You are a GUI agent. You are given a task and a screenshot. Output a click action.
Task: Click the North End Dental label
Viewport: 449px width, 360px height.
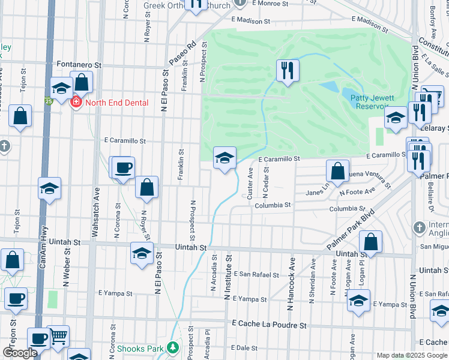pyautogui.click(x=116, y=103)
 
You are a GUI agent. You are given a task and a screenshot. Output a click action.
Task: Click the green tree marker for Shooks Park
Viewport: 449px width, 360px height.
pyautogui.click(x=173, y=347)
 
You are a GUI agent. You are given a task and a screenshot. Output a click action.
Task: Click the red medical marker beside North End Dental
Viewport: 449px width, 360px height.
pyautogui.click(x=76, y=103)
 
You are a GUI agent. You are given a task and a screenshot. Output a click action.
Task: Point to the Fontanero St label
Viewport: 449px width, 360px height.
pyautogui.click(x=80, y=63)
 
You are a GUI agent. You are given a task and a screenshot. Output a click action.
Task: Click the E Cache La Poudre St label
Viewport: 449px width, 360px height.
pyautogui.click(x=270, y=325)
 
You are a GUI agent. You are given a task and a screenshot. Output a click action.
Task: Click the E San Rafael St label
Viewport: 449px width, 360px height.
pyautogui.click(x=256, y=275)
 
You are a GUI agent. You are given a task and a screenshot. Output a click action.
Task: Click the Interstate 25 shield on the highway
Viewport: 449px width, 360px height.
pyautogui.click(x=48, y=101)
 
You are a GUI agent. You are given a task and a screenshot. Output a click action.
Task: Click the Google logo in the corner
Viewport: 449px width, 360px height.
pyautogui.click(x=20, y=353)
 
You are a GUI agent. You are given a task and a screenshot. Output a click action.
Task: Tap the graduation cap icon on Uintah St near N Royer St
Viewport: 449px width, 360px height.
pyautogui.click(x=142, y=253)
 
